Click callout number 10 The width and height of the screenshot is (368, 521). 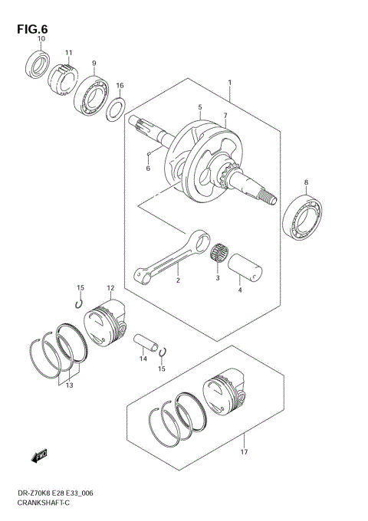[x=41, y=39]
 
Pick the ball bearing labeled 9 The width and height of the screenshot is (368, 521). [x=92, y=96]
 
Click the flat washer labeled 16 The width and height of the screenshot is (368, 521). [x=117, y=110]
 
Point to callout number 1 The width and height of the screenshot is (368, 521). [x=228, y=82]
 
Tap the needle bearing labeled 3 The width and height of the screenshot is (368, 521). [x=222, y=252]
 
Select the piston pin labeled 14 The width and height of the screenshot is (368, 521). [x=145, y=339]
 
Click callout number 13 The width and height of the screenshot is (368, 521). [x=70, y=386]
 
